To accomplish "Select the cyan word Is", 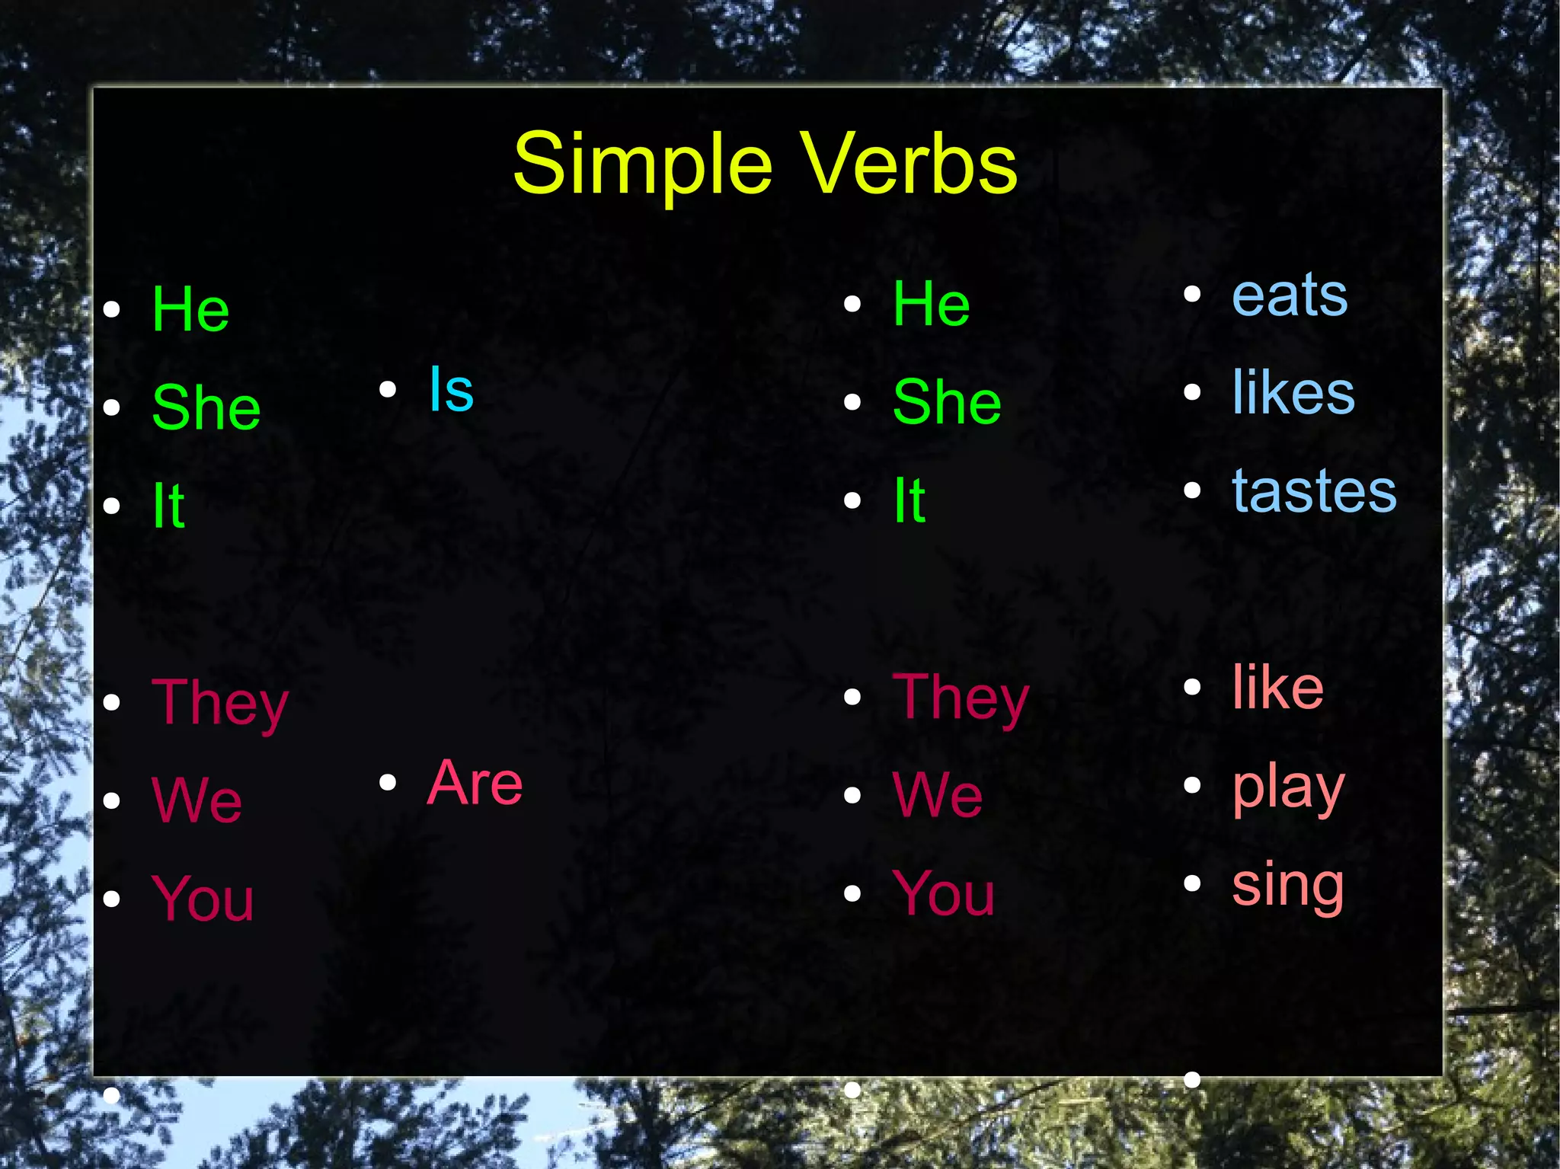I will coord(451,389).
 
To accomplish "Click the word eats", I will coord(1289,295).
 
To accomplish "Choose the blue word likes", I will coord(1293,392).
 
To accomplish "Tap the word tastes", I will coord(1314,491).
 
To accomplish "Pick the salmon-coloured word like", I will coord(1277,688).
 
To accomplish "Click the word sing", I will coord(1287,886).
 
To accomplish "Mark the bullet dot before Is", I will coord(388,390).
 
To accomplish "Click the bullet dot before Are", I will coord(388,782).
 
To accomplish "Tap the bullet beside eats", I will coord(1192,294).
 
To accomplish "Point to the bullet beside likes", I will coord(1192,392).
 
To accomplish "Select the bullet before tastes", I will coord(1192,490).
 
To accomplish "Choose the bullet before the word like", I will coord(1192,687).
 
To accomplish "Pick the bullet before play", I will coord(1192,785).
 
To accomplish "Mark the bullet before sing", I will coord(1192,883).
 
